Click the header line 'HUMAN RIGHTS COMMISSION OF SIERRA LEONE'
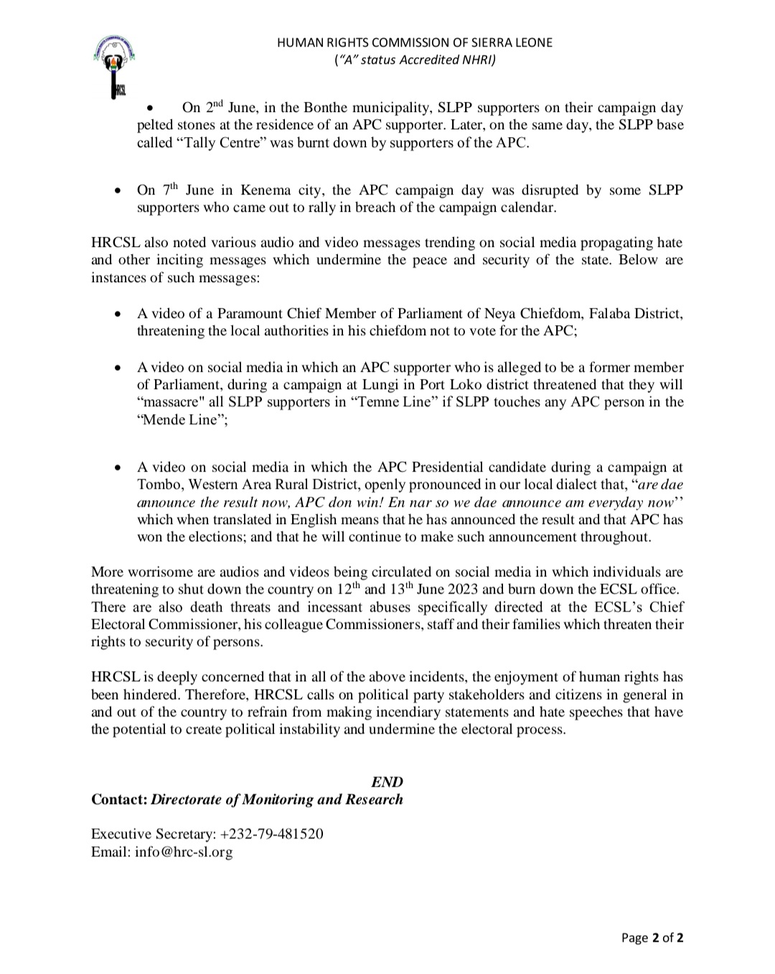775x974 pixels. [415, 42]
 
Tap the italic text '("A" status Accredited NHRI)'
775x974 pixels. [415, 60]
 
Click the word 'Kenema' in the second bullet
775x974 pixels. [266, 190]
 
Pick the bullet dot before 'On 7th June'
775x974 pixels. [118, 192]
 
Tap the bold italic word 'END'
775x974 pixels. [387, 782]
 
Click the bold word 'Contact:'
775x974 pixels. [119, 800]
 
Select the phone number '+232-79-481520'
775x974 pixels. [272, 834]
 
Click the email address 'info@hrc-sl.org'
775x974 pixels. [184, 852]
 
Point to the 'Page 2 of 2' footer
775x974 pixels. [652, 937]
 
